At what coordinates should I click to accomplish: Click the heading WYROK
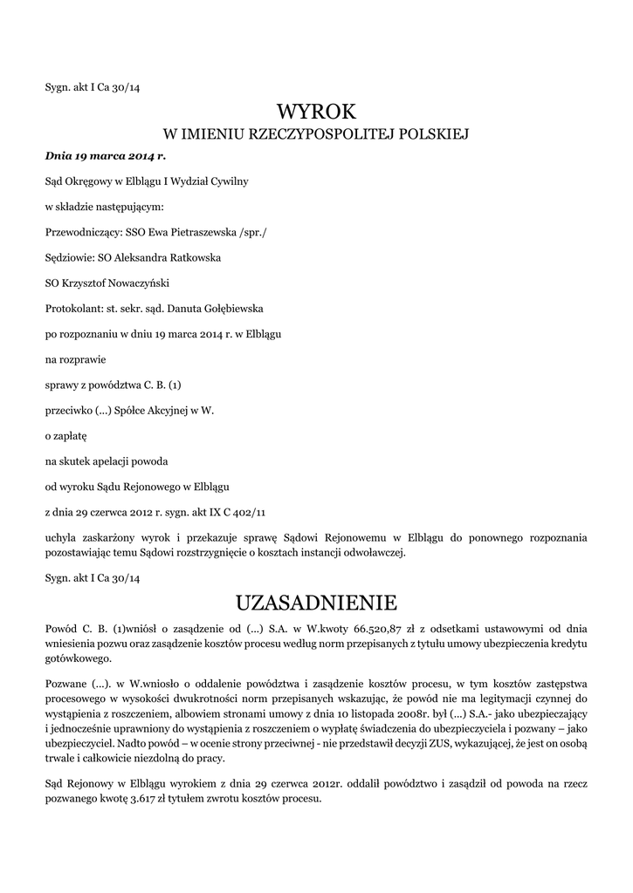(x=316, y=112)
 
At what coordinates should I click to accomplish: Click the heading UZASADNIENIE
(x=316, y=603)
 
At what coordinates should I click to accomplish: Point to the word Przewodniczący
(x=82, y=233)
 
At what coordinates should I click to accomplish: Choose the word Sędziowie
(x=69, y=258)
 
